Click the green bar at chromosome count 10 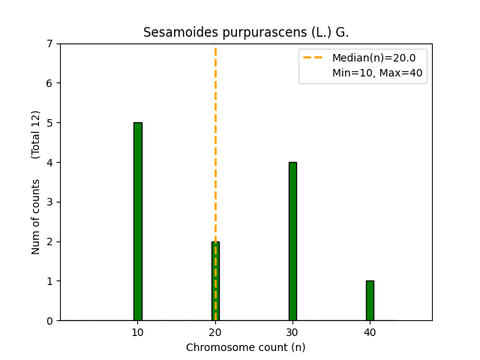(138, 221)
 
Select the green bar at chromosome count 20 (212, 281)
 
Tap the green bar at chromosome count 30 (292, 241)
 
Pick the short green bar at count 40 (370, 301)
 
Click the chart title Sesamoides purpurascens (246, 33)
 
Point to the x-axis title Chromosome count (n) (246, 347)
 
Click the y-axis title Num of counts (36, 216)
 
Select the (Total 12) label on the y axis (36, 134)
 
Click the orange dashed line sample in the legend (314, 58)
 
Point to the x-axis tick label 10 (138, 332)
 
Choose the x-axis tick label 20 (215, 332)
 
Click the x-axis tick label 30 (292, 332)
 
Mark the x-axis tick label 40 (370, 332)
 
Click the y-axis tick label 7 (49, 43)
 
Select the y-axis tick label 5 (49, 123)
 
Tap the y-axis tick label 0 (49, 321)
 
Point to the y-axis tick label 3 (49, 202)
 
